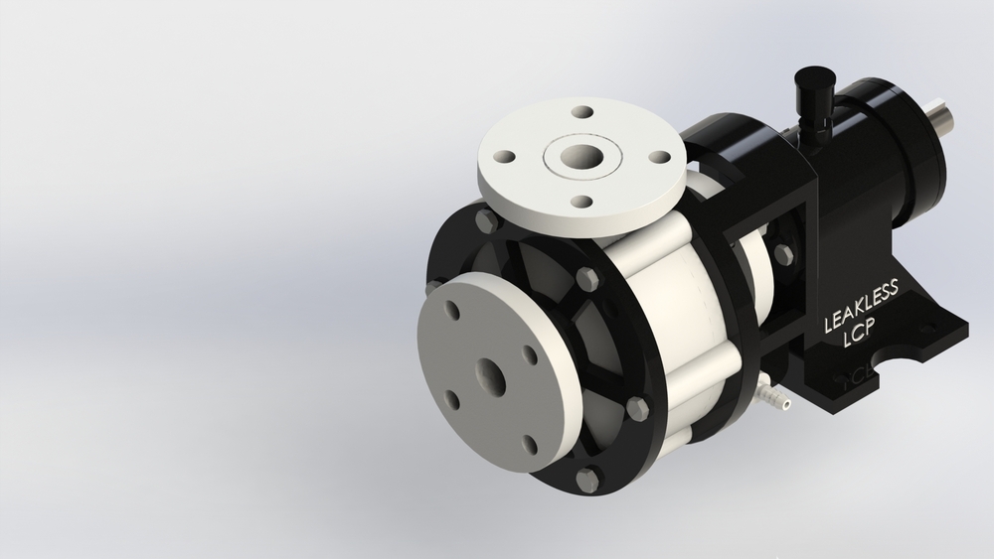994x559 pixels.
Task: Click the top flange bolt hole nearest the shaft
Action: point(657,157)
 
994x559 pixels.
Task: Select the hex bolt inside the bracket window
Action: point(782,254)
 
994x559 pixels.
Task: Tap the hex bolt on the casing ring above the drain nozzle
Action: point(637,406)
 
